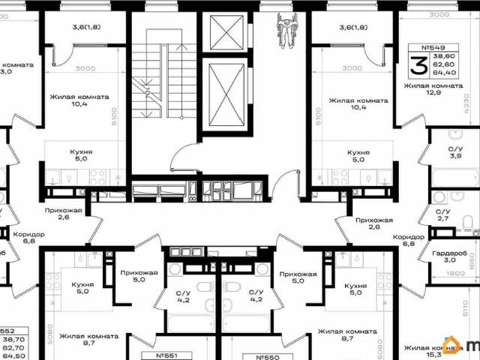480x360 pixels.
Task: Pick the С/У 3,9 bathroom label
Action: tap(445, 152)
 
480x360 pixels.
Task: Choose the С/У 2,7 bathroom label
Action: tap(444, 216)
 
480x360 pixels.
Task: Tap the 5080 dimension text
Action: tap(50, 332)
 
